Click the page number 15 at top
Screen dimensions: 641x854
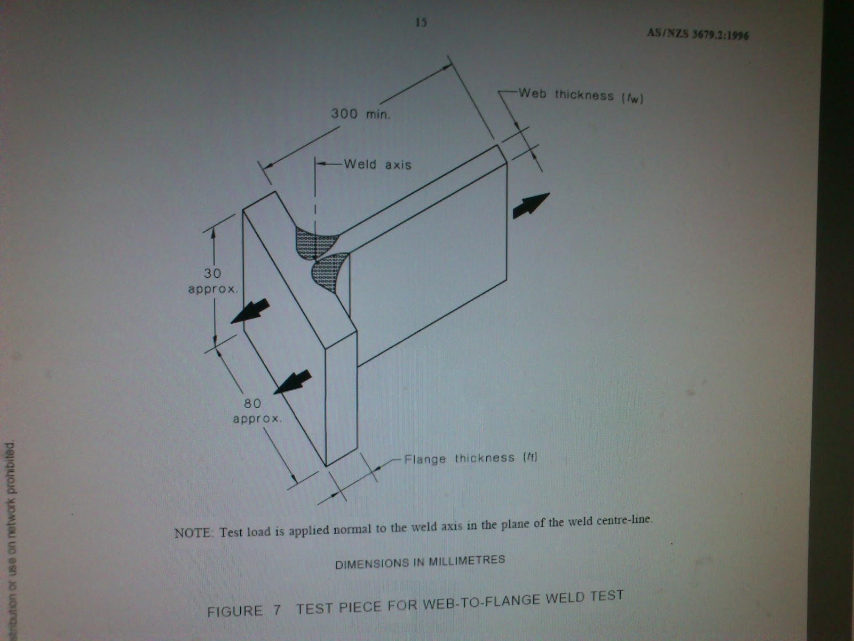[x=421, y=23]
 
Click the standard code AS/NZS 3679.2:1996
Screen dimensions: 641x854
[x=698, y=34]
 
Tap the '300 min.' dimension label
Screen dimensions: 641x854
[x=360, y=114]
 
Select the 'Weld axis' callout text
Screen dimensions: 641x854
[x=378, y=164]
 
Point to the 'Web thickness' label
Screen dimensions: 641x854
[x=566, y=95]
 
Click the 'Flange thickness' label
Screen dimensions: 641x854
[x=459, y=458]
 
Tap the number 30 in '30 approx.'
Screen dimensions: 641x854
[x=212, y=273]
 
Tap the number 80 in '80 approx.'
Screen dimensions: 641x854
[x=252, y=404]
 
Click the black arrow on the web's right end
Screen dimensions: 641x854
[x=531, y=205]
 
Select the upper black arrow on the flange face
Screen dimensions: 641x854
[x=250, y=312]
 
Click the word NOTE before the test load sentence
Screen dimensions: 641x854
[x=194, y=533]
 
